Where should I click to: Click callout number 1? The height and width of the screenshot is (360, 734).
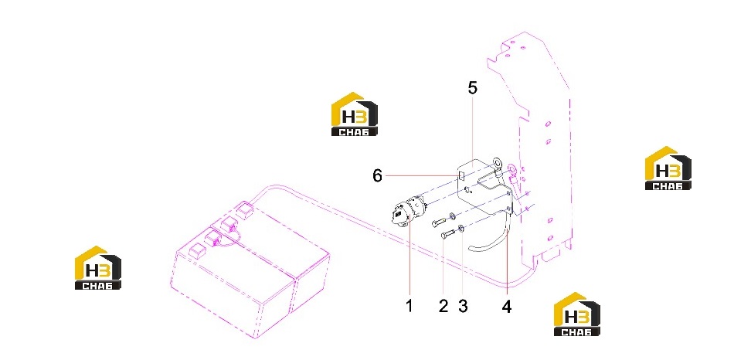pos(409,306)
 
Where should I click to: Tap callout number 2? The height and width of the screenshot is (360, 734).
pos(443,306)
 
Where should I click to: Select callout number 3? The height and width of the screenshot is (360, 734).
pos(463,306)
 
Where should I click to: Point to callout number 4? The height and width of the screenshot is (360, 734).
pos(507,307)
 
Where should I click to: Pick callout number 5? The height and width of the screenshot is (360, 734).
pos(473,87)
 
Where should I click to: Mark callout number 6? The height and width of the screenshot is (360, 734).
pos(377,176)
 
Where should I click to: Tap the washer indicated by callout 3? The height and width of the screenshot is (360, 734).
pos(461,229)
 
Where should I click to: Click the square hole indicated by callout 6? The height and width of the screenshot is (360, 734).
pos(460,175)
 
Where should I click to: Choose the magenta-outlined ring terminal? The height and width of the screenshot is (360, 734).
pos(513,168)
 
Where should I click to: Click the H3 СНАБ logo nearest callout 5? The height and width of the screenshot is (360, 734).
pos(355,114)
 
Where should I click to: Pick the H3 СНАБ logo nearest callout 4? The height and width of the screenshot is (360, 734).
pos(576,314)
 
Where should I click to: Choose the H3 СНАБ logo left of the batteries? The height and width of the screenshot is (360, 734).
pos(98,267)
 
